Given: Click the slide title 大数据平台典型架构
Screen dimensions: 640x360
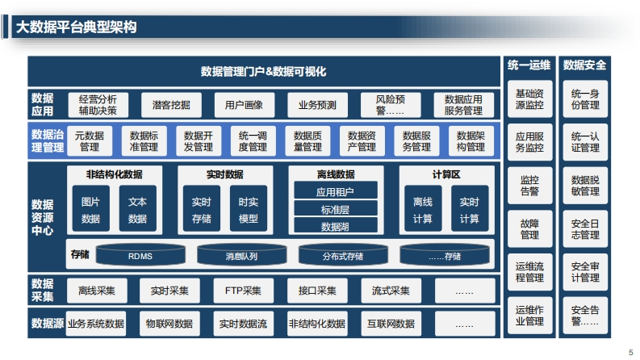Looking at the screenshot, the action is point(76,27).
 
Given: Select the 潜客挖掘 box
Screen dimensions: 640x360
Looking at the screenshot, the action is point(171,105).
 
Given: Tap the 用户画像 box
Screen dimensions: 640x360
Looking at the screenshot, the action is point(244,105).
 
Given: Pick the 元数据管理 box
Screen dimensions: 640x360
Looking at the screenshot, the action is point(90,140).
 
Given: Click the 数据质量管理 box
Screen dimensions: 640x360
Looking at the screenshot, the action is point(307,140).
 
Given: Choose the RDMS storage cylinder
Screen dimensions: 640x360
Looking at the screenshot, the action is point(140,254).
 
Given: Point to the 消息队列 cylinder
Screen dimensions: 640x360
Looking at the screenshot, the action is point(241,254).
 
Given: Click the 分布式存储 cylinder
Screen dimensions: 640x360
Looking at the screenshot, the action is point(343,254).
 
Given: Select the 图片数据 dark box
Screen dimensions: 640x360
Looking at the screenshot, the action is point(90,208).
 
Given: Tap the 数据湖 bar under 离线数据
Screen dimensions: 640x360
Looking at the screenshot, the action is point(336,225).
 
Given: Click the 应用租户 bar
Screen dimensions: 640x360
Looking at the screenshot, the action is point(336,190).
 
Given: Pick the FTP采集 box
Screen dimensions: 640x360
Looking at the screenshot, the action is point(243,291).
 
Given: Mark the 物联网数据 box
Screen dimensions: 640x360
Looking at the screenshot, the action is point(169,324).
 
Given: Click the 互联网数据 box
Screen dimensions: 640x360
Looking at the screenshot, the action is point(391,324).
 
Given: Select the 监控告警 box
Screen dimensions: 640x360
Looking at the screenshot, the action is point(529,186).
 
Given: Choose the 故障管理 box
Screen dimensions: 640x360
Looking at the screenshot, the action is point(529,229).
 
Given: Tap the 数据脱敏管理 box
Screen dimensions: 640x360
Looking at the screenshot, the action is point(585,186).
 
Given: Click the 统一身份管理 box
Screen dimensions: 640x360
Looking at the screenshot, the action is point(585,99).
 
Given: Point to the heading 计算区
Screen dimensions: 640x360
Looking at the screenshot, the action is point(446,174).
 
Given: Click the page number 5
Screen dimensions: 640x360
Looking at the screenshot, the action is point(630,352).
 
